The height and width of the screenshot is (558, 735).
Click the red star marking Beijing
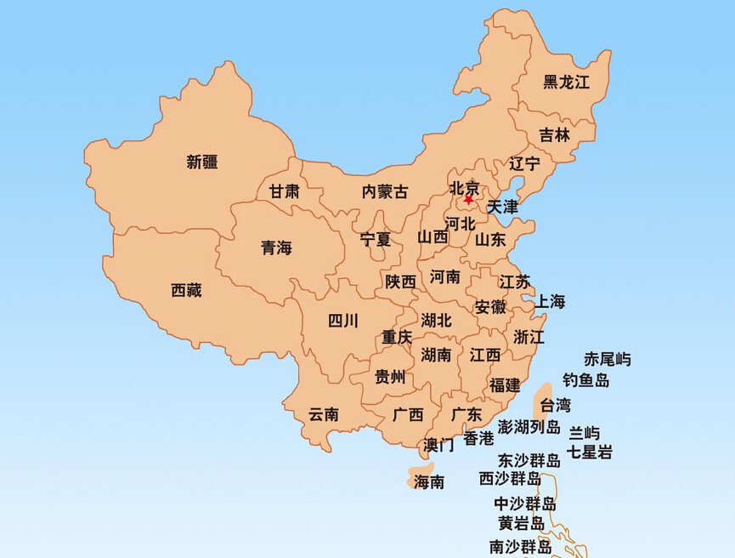(468, 200)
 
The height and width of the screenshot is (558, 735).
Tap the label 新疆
(202, 162)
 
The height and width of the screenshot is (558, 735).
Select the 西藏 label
(187, 290)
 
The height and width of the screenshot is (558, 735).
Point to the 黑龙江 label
(566, 82)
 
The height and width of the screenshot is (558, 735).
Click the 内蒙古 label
(385, 192)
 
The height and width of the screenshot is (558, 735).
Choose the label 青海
(276, 248)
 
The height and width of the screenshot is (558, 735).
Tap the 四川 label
(343, 321)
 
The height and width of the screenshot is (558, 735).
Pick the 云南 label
(323, 414)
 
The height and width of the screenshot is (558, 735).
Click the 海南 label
(429, 482)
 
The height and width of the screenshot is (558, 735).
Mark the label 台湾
(556, 405)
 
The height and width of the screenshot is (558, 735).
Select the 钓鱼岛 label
(586, 380)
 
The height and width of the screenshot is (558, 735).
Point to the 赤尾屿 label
(608, 359)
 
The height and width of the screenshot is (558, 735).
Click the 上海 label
(551, 301)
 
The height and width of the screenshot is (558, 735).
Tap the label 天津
(502, 207)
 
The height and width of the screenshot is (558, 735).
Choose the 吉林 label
(555, 135)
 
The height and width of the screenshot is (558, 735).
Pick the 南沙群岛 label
(520, 545)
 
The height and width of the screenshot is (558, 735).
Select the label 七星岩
(590, 452)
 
